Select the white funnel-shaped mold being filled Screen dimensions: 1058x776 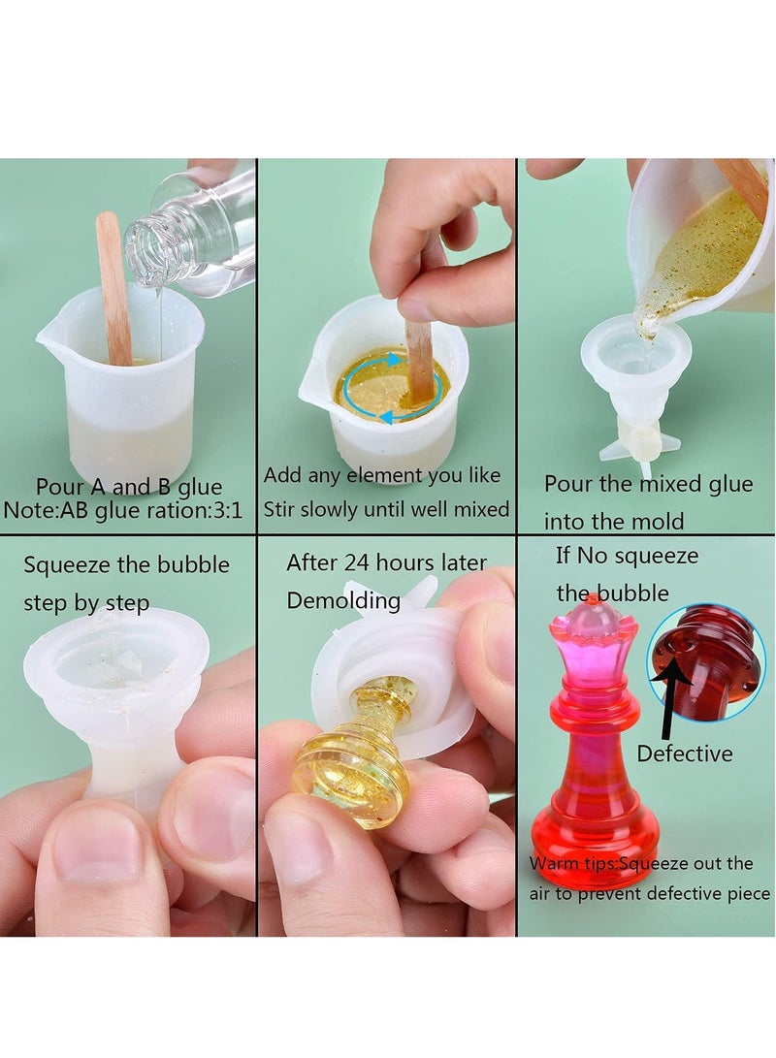636,388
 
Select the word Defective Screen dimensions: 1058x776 685,753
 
